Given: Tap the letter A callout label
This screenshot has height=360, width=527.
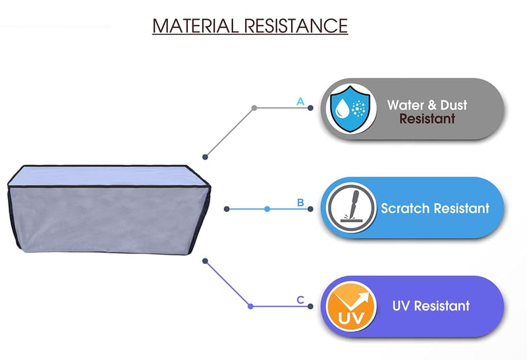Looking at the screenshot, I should point(300,102).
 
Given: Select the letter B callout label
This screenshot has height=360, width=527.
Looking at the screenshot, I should point(300,202).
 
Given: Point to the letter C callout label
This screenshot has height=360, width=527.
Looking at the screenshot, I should point(300,300).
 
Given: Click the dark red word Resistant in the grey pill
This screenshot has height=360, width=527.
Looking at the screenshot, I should point(427,119).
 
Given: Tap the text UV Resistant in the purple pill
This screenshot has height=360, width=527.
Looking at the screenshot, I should point(431,306).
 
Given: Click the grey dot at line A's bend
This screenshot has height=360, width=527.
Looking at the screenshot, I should point(254,107).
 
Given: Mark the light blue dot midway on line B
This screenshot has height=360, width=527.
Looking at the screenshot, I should point(267,209).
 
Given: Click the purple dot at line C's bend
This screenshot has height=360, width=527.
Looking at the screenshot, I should point(250,306).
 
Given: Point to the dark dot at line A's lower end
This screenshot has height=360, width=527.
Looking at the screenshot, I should point(206,156).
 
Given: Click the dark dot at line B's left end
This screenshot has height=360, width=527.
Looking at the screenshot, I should point(227,209).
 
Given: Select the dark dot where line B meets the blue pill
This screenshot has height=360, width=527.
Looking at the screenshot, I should point(309,209).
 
